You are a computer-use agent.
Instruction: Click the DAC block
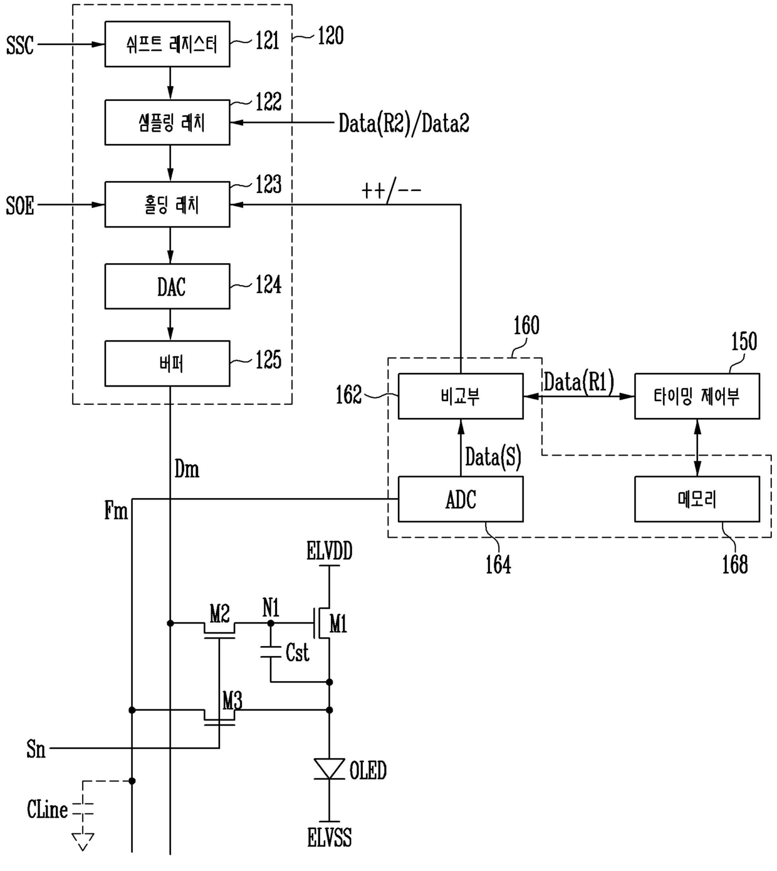[167, 286]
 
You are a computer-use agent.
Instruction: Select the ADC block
[461, 499]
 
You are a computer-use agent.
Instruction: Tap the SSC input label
[20, 45]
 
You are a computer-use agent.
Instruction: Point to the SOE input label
[20, 206]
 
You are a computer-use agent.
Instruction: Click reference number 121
[268, 41]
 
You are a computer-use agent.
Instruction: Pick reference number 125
[268, 360]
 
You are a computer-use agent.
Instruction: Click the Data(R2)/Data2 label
[404, 124]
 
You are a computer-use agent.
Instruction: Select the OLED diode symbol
[330, 769]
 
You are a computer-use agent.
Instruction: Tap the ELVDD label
[330, 551]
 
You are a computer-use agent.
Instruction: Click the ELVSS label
[330, 837]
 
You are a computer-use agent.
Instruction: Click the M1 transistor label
[338, 624]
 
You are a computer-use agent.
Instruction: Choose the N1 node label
[271, 608]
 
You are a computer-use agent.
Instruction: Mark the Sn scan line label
[36, 749]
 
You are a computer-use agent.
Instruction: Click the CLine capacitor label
[47, 809]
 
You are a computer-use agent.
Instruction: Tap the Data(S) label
[493, 457]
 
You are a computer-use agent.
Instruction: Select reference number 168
[735, 564]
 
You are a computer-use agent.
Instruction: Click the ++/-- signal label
[391, 190]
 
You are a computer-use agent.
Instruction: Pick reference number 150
[744, 342]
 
